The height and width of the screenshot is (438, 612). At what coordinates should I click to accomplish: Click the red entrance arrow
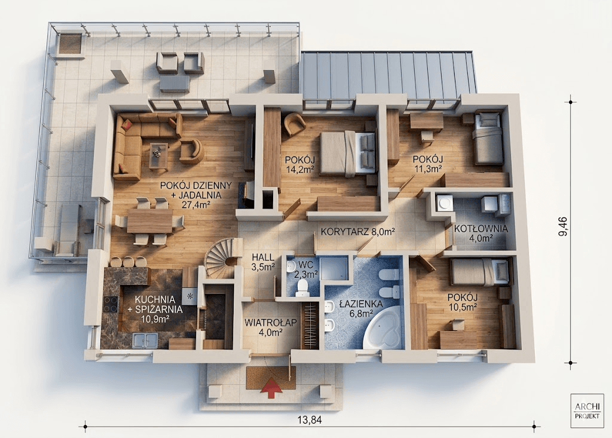(271, 387)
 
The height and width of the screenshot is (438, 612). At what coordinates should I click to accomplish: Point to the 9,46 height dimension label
(563, 226)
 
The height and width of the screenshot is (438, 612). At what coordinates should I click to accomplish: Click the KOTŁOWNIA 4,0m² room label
(481, 232)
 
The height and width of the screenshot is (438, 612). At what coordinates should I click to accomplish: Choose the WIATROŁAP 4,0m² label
(271, 327)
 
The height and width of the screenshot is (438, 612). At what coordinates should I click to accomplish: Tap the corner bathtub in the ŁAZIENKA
(382, 328)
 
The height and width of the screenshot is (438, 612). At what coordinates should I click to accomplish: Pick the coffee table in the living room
(158, 156)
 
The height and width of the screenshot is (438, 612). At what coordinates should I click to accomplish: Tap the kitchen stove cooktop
(110, 304)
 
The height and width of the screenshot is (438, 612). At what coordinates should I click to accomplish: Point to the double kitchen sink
(145, 341)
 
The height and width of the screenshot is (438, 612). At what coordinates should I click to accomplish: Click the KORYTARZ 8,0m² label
(356, 232)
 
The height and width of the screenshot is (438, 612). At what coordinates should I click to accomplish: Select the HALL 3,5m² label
(263, 262)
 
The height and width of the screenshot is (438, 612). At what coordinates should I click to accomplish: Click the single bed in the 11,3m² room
(487, 139)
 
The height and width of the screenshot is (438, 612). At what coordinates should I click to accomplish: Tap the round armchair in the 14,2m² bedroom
(295, 124)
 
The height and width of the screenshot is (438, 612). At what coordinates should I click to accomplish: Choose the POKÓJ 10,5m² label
(463, 302)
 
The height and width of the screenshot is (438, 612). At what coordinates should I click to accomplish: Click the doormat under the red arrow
(271, 378)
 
